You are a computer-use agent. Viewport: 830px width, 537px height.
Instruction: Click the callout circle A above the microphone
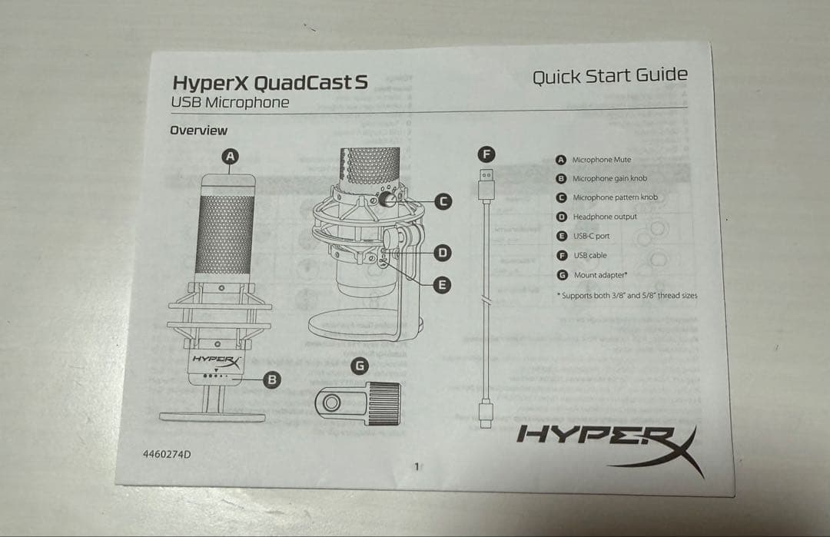230,156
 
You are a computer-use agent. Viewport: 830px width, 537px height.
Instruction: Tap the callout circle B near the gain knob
271,379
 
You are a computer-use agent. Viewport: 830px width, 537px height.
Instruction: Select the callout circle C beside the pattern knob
443,201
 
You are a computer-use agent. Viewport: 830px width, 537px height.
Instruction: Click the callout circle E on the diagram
442,285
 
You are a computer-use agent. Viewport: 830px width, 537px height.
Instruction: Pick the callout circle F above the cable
486,154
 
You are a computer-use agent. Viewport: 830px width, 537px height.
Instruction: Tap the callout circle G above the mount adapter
359,366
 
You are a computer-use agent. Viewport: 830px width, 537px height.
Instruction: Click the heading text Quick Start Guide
609,76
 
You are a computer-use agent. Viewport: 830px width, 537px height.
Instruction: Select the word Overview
198,131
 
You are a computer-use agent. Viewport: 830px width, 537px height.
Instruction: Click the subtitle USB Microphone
230,103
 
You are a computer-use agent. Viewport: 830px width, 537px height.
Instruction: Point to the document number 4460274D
167,454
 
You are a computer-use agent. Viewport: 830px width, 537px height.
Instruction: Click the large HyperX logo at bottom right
607,443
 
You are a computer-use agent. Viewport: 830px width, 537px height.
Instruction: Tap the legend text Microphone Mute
601,160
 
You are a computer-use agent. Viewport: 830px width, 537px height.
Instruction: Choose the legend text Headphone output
604,217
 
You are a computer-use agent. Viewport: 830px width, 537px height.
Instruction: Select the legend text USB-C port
591,236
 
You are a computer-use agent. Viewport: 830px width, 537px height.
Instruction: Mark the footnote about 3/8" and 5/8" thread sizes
626,295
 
